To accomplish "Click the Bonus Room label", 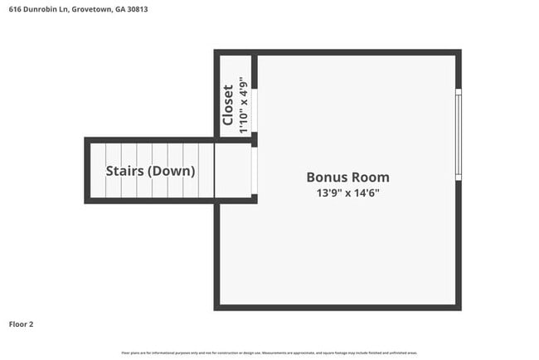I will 347,177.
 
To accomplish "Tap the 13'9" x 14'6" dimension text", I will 347,192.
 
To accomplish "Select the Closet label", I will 228,105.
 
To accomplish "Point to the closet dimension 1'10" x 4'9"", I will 243,105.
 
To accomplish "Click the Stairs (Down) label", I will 150,171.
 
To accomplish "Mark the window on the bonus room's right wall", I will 458,134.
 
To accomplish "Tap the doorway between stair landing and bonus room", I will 255,170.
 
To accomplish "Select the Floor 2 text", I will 21,324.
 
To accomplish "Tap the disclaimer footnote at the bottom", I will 269,353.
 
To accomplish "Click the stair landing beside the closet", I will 233,170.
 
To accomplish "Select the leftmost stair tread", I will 98,170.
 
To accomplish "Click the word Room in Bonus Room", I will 371,177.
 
